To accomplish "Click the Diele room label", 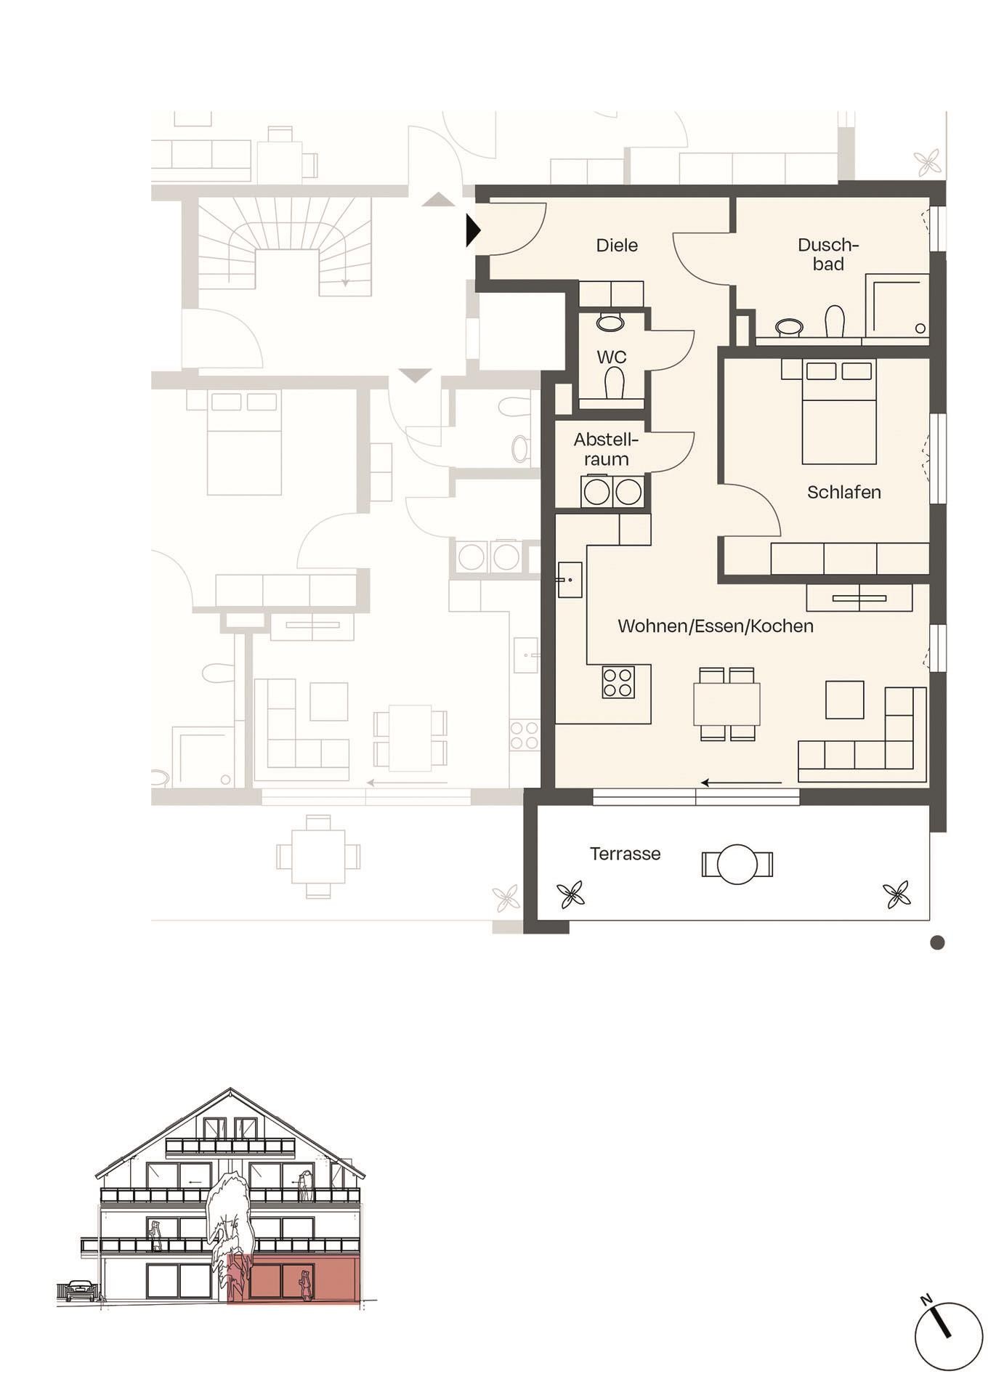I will [617, 246].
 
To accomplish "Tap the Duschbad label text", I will [828, 254].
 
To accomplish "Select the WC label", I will [611, 357].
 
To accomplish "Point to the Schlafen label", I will [843, 493].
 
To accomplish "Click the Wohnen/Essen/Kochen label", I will [715, 626].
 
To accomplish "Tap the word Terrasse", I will [625, 854].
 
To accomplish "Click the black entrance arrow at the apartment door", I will [473, 230].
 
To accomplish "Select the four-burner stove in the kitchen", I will [618, 683].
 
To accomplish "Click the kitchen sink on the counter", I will [570, 580].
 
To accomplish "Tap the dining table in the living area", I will [726, 703].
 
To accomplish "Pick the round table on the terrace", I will [737, 864].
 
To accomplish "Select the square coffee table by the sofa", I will [844, 699].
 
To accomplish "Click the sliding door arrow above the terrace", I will [741, 783].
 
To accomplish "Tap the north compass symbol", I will [948, 1335].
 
